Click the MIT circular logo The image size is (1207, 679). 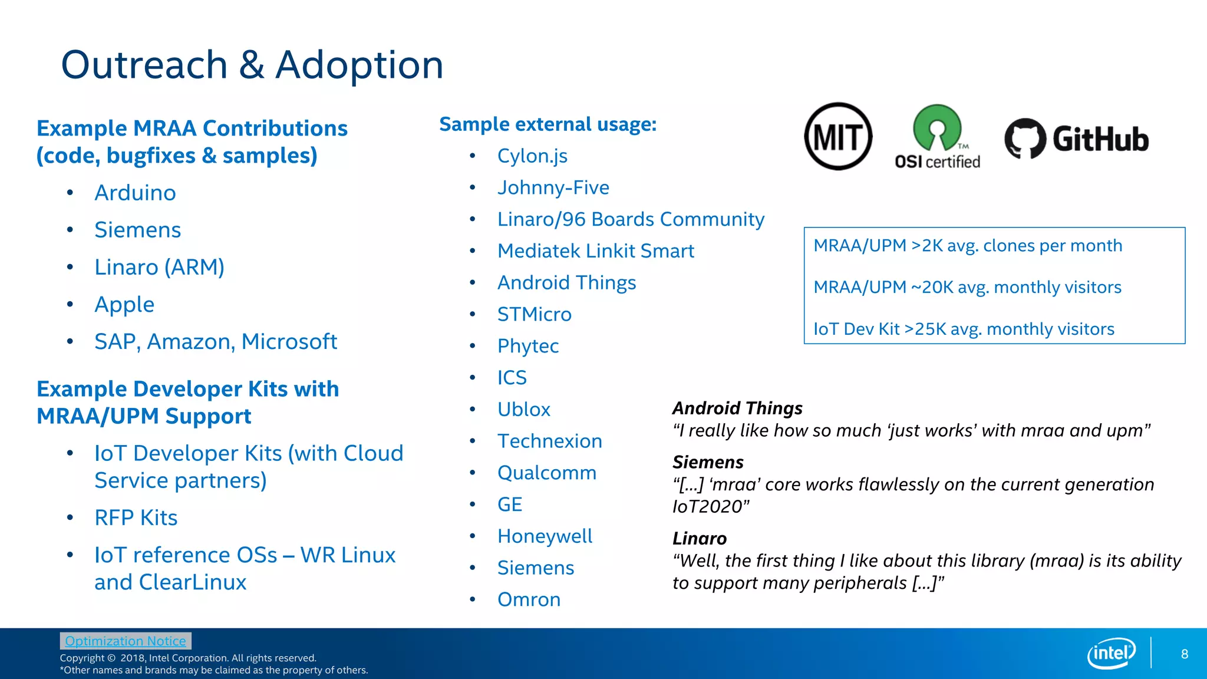[838, 137]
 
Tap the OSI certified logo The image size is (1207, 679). [937, 137]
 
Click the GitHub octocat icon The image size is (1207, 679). [1025, 139]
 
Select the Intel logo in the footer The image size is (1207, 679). [1112, 653]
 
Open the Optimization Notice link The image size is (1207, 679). [126, 641]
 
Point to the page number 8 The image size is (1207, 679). [1184, 654]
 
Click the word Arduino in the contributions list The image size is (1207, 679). [135, 193]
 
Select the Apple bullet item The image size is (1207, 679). [124, 305]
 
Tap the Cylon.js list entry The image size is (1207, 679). [532, 156]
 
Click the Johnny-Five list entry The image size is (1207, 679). [553, 187]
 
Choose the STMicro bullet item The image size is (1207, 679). [534, 314]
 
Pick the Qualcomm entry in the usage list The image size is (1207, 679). [546, 473]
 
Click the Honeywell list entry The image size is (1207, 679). [545, 536]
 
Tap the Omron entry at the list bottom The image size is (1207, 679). [529, 599]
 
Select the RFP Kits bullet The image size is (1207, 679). [136, 518]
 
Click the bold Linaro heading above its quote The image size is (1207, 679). [700, 538]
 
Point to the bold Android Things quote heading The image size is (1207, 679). [737, 408]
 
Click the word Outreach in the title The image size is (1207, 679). [144, 65]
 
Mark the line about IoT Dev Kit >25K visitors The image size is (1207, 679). [964, 329]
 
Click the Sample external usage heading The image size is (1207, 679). [548, 124]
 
